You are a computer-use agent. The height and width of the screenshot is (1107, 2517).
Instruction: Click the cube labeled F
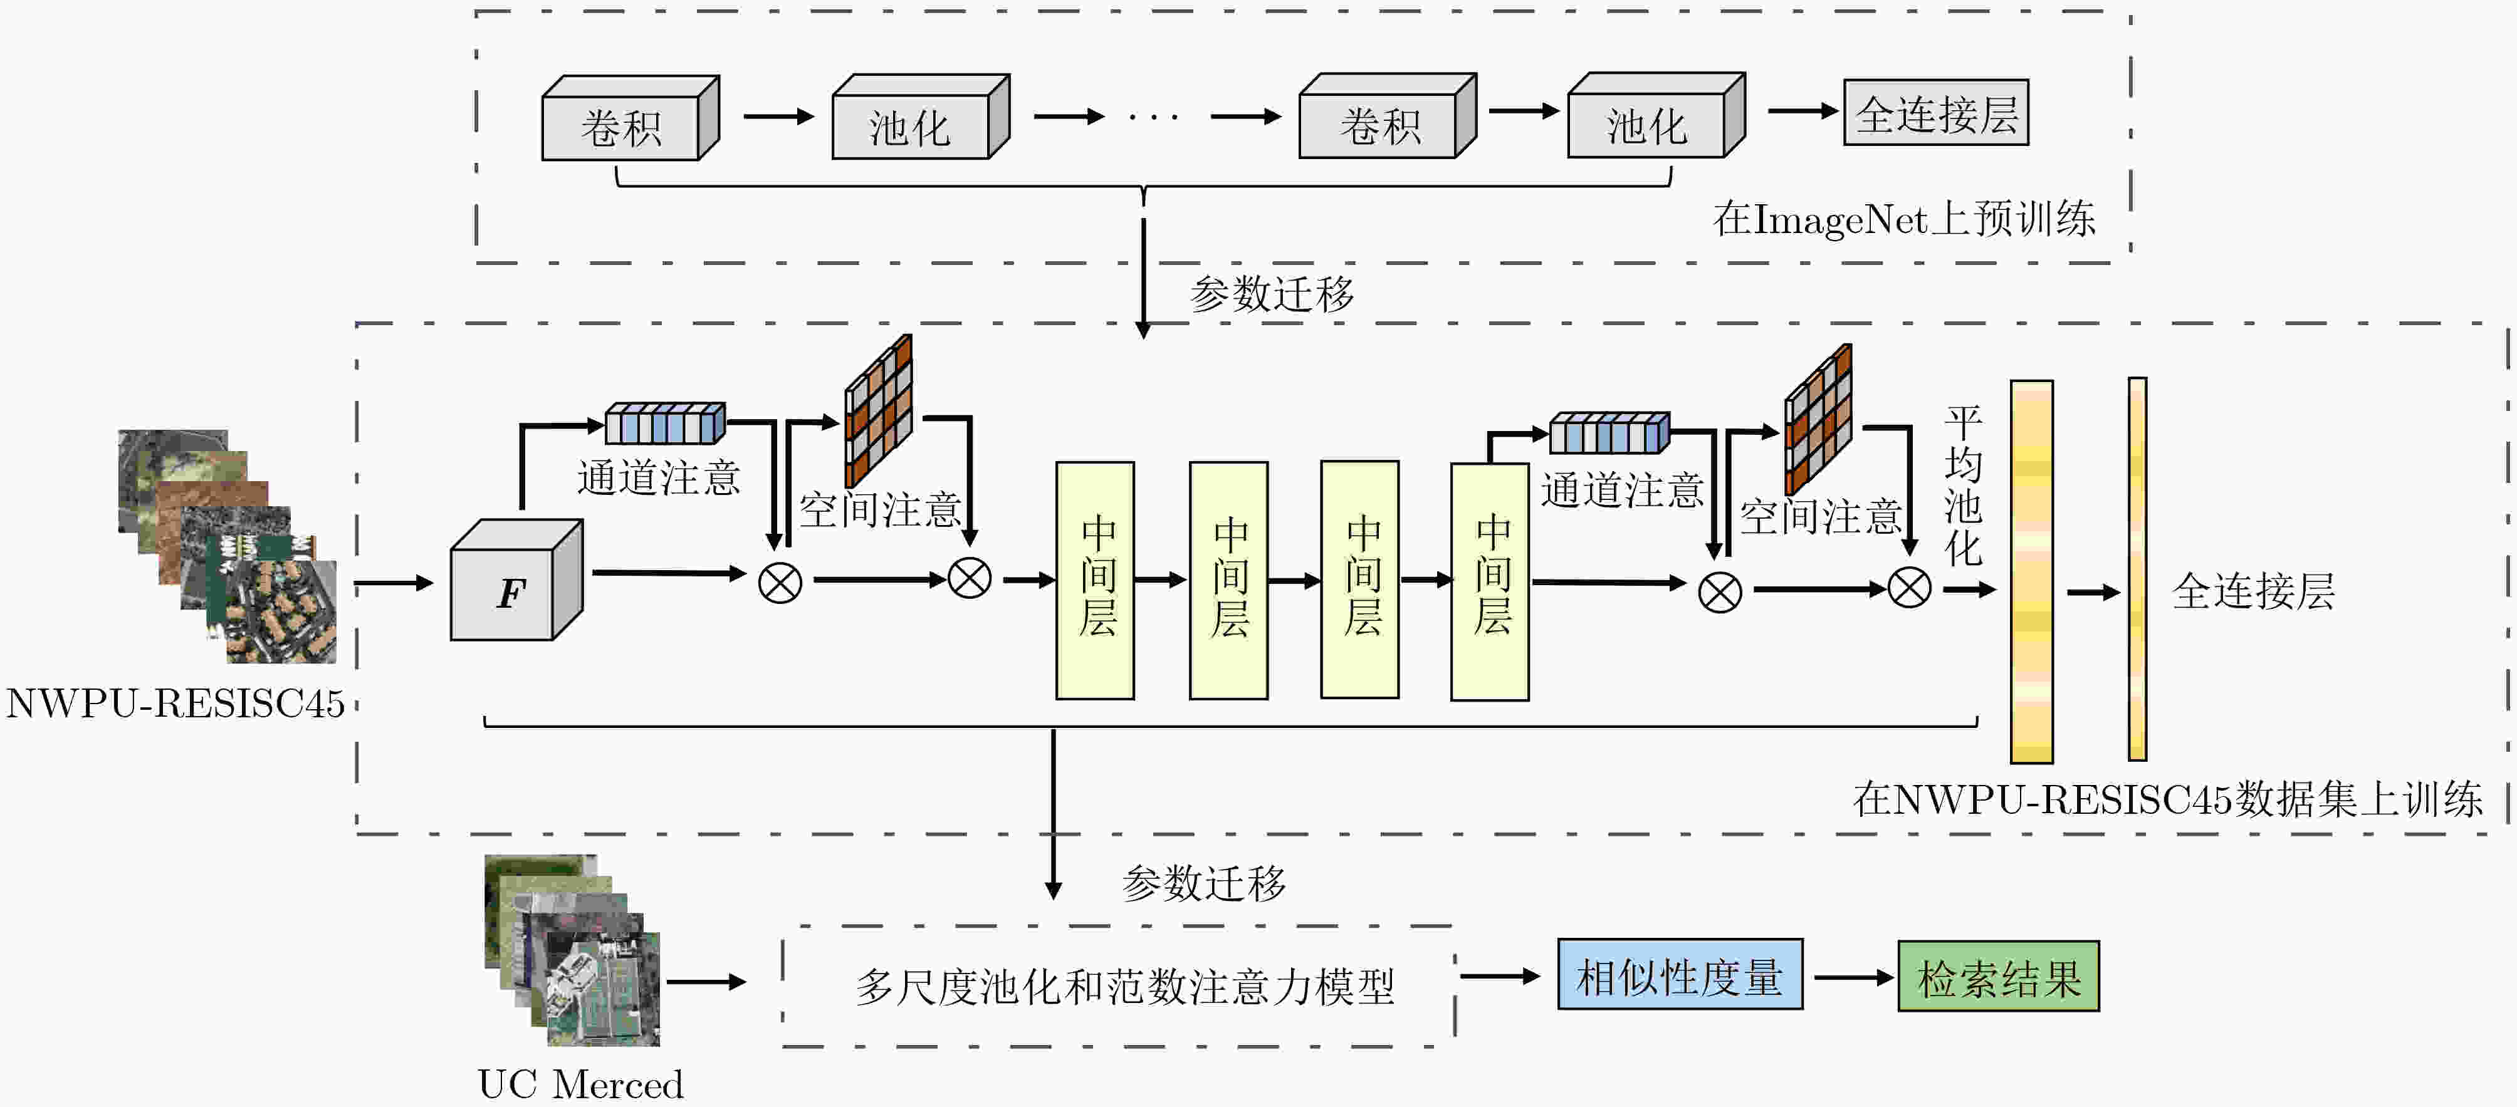[516, 580]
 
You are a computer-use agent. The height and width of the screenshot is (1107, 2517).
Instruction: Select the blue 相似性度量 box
[1680, 974]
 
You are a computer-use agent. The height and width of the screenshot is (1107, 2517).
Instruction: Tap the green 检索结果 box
[1998, 976]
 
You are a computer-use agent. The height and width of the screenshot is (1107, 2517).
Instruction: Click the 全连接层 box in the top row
[1935, 112]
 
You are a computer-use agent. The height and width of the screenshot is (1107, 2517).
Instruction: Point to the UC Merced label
[580, 1084]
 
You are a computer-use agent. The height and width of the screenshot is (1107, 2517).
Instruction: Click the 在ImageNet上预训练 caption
[1903, 218]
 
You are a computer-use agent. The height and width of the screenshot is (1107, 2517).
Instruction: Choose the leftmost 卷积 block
[631, 117]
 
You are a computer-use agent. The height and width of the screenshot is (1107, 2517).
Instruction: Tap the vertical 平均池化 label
[1963, 486]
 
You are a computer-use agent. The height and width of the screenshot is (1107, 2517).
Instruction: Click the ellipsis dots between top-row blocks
[1154, 117]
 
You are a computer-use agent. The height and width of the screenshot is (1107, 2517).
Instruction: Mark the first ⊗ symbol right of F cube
[780, 583]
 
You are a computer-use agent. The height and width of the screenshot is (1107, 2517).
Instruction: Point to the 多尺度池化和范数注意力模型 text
[1124, 986]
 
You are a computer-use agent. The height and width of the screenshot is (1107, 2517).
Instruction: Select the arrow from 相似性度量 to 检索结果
[1853, 977]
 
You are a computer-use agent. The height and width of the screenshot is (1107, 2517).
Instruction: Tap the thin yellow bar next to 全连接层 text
[2137, 569]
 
